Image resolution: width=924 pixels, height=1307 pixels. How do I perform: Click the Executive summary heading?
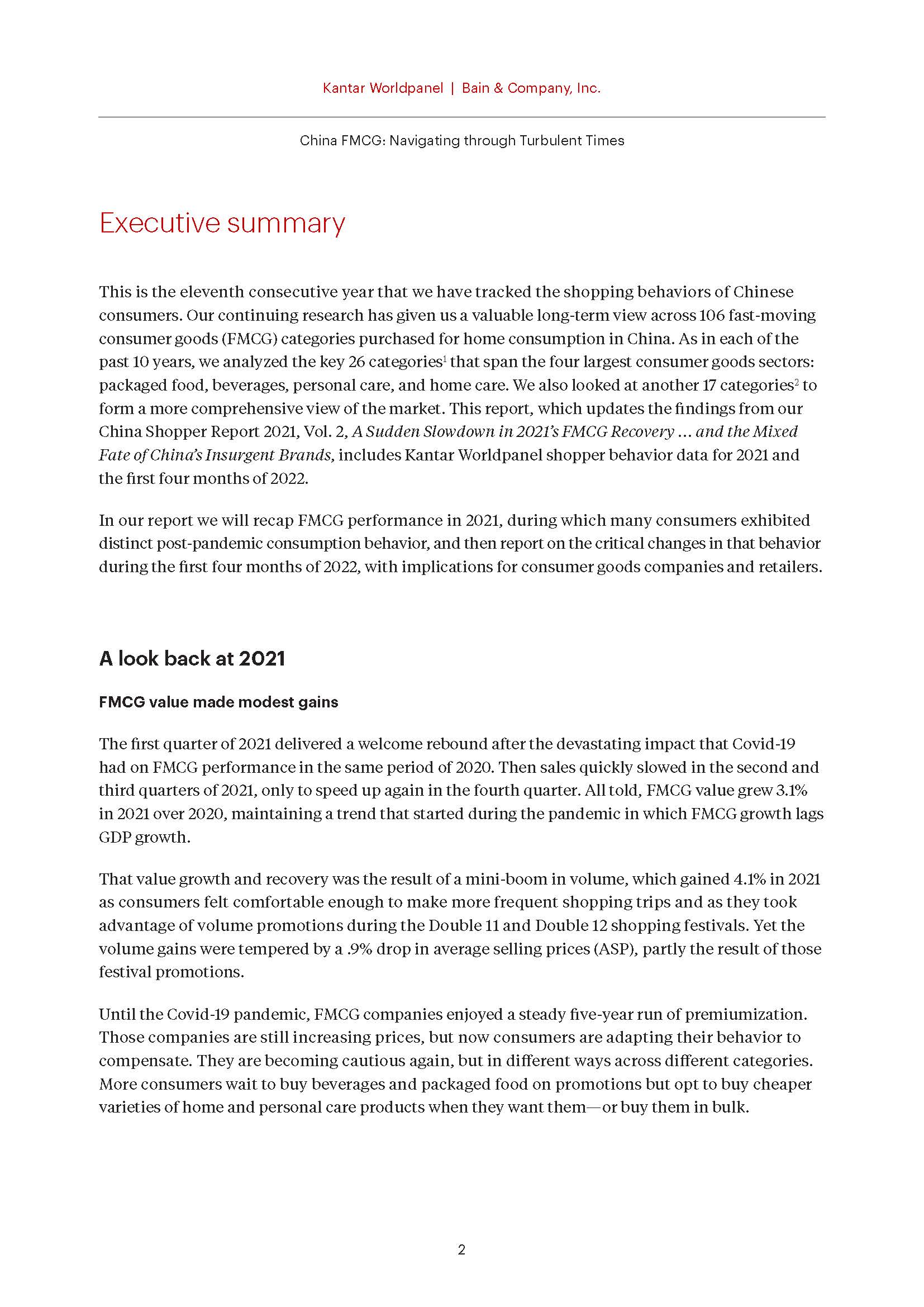coord(222,222)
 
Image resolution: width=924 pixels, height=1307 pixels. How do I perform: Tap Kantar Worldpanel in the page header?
coord(382,88)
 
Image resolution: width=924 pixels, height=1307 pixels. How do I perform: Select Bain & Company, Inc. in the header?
coord(531,88)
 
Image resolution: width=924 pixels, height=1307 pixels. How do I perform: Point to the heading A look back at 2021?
coord(192,659)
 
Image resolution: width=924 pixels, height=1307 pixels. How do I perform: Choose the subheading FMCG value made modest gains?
coord(218,702)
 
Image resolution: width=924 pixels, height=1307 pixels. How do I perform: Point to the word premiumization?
coord(746,1014)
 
